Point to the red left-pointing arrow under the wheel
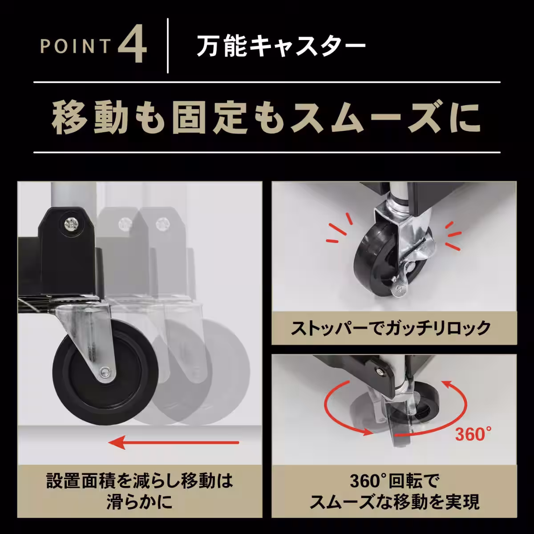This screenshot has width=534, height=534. click(x=174, y=442)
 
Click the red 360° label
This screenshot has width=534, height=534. click(x=473, y=433)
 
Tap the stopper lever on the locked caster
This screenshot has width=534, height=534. click(x=400, y=283)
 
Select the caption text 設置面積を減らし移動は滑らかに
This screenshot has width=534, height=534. click(x=139, y=491)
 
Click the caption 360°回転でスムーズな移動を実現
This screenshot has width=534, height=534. click(x=394, y=491)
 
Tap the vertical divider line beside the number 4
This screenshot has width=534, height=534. click(x=168, y=45)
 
